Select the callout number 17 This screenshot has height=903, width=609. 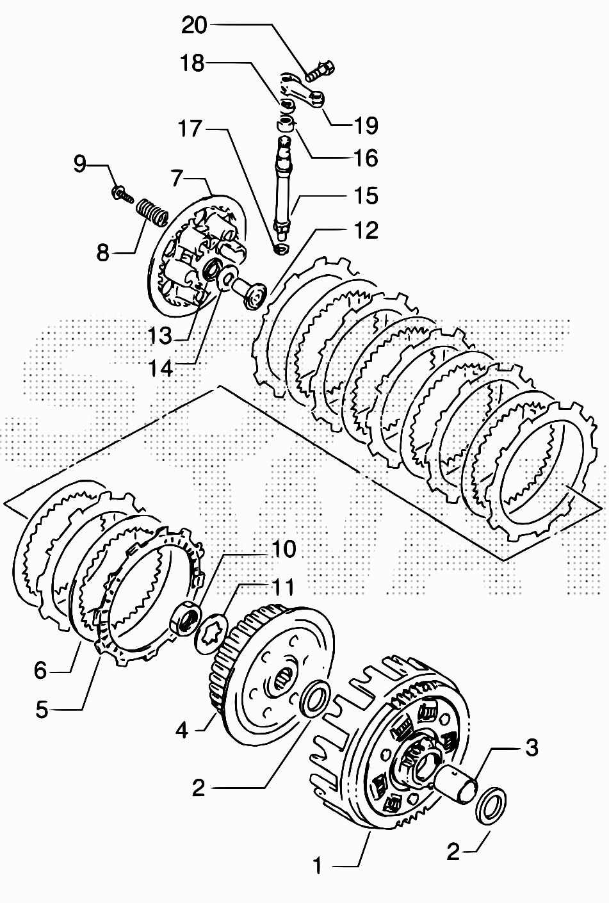(x=190, y=129)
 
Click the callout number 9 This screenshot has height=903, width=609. (x=79, y=165)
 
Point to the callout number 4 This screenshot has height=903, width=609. (x=182, y=729)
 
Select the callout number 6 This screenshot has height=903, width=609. (x=40, y=671)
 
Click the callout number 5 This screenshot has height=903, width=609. (x=42, y=709)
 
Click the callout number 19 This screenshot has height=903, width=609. (x=366, y=125)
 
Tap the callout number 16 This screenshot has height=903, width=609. (x=366, y=158)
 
